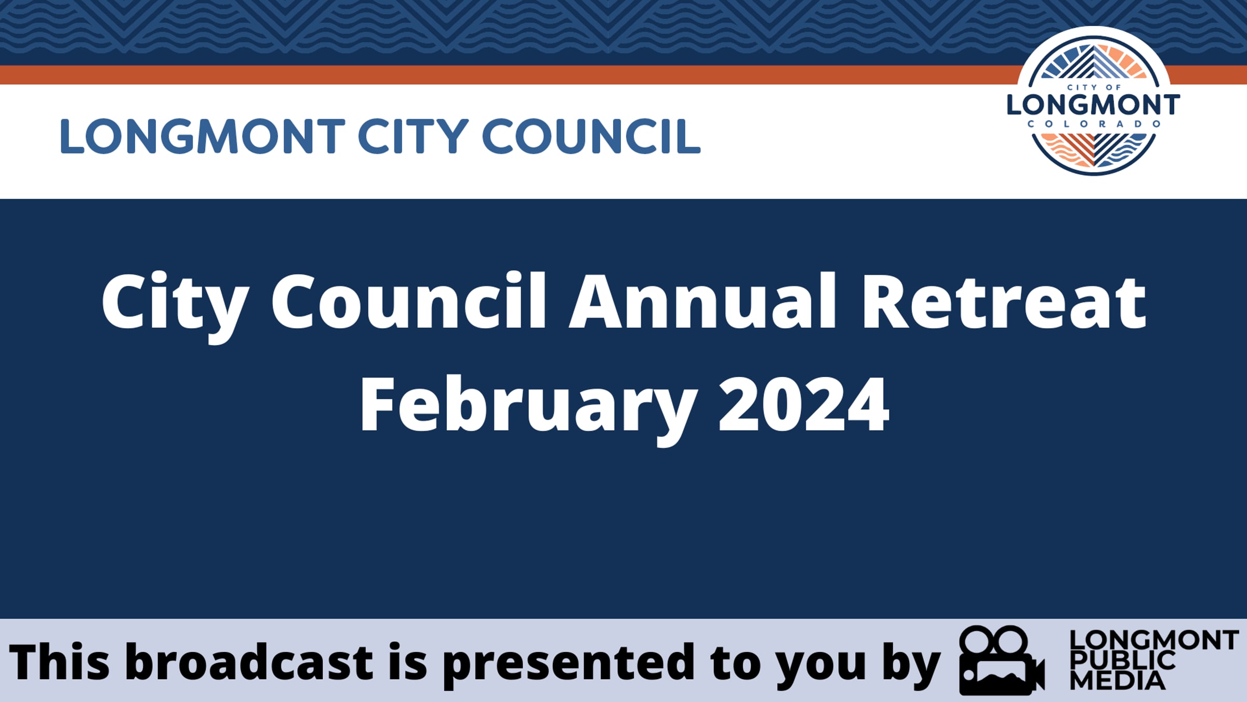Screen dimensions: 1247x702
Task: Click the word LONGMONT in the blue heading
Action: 203,136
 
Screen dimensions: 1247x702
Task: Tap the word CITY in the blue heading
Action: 414,136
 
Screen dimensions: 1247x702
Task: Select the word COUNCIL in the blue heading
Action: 591,136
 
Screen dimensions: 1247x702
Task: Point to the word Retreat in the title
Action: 1004,303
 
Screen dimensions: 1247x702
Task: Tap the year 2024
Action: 804,405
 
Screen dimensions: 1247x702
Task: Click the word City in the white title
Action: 175,307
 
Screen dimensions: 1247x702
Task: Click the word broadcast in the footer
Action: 249,662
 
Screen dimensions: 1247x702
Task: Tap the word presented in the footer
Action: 568,665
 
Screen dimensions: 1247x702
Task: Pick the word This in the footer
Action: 59,662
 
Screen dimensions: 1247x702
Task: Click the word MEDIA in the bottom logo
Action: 1118,681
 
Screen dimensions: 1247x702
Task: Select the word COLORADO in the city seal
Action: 1094,124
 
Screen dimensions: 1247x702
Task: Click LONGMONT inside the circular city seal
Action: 1093,105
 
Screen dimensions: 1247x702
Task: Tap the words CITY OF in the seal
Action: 1094,87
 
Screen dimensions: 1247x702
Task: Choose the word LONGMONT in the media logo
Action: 1154,640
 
